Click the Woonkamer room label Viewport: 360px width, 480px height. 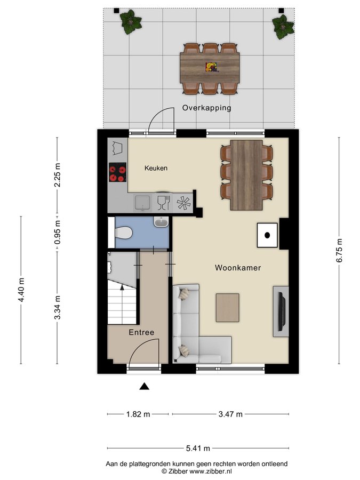238,268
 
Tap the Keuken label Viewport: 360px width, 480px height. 156,168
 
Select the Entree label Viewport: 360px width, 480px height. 141,332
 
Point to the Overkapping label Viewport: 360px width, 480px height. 206,108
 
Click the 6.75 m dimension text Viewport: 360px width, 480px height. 339,251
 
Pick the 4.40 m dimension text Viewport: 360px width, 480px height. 21,290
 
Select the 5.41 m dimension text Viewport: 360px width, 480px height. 198,449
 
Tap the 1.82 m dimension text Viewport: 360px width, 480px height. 138,414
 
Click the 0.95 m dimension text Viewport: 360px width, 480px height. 57,233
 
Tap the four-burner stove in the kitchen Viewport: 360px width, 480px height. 117,172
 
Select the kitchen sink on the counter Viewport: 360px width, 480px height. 142,203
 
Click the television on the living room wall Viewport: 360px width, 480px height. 281,311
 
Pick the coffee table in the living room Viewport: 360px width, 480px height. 227,308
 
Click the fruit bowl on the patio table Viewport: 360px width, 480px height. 211,67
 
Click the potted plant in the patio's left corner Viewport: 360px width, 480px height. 131,22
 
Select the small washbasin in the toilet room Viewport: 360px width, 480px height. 161,222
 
